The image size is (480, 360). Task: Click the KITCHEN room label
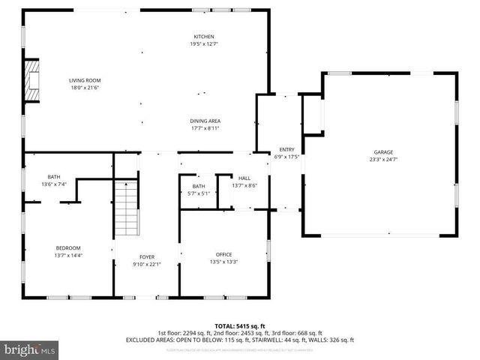click(204, 37)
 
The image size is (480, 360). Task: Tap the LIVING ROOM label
click(85, 80)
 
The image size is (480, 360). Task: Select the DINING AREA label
click(204, 121)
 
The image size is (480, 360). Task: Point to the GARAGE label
click(383, 151)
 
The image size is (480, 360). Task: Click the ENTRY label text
click(286, 150)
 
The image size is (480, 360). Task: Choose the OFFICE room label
click(223, 254)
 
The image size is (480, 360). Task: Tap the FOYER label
click(146, 256)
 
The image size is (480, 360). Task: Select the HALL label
click(244, 178)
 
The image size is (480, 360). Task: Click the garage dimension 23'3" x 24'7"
click(383, 159)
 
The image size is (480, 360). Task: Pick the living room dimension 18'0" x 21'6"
click(85, 88)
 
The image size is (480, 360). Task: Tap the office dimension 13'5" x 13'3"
click(223, 262)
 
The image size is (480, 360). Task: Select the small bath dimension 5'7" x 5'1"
click(199, 193)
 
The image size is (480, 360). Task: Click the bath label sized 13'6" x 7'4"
click(53, 177)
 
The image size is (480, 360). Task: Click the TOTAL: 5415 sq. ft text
click(239, 325)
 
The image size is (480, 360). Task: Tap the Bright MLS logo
click(30, 349)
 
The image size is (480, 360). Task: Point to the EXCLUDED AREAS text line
click(239, 340)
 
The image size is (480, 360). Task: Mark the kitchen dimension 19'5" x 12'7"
click(204, 44)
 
